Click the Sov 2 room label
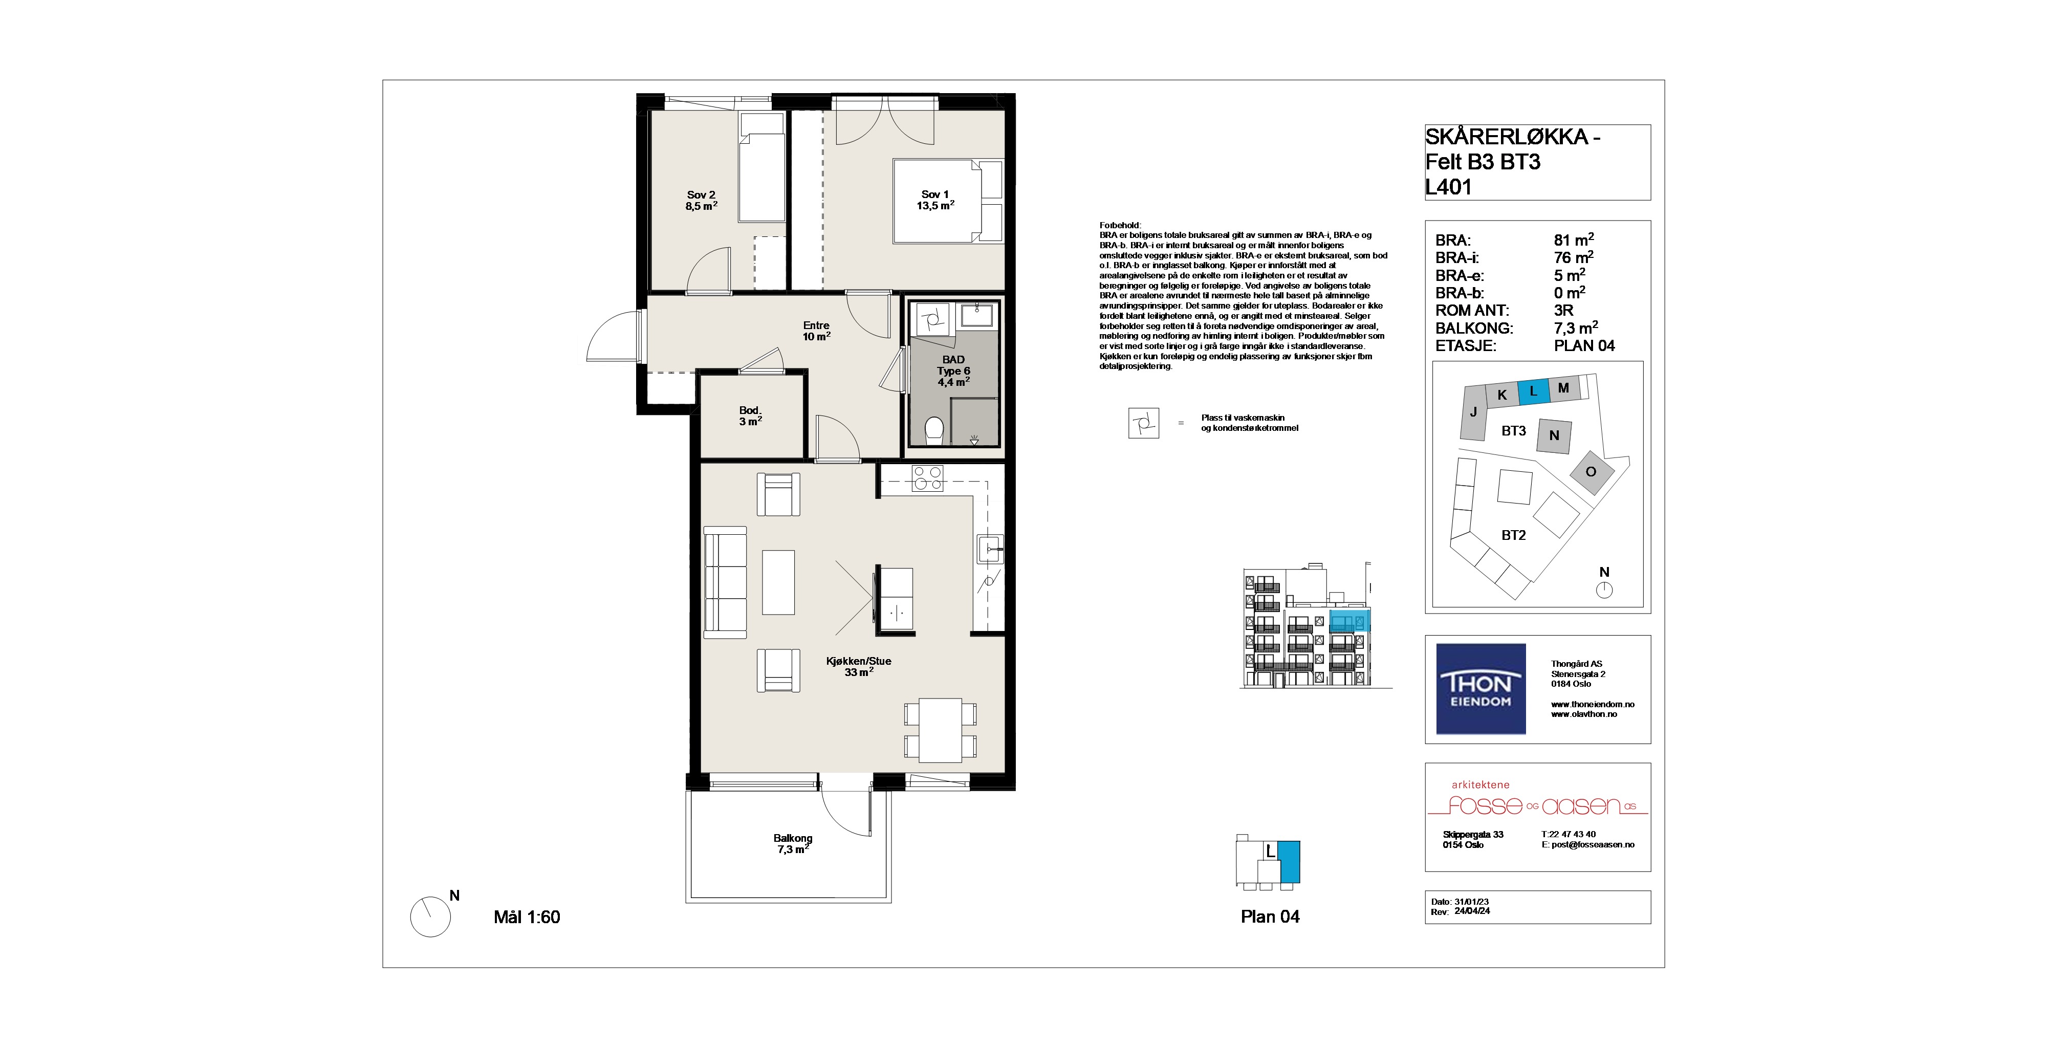(x=702, y=200)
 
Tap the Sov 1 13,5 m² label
(x=935, y=200)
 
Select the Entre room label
(x=816, y=331)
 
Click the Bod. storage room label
(x=750, y=416)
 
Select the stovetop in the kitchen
(x=927, y=478)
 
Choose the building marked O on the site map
(x=1592, y=472)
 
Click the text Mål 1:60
(x=527, y=917)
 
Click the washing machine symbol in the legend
(x=1143, y=423)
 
